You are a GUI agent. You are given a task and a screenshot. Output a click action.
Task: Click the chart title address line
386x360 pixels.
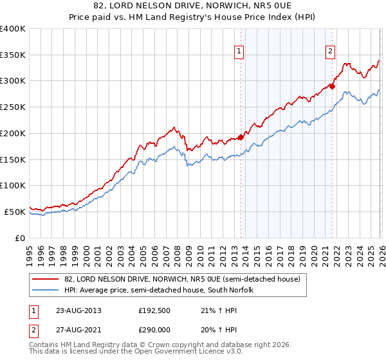(x=192, y=6)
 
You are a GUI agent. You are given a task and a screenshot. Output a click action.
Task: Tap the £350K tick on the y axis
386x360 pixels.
(x=13, y=55)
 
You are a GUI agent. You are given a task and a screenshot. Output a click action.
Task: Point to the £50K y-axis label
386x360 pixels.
(x=15, y=212)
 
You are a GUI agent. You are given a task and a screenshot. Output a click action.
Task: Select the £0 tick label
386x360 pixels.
(x=19, y=238)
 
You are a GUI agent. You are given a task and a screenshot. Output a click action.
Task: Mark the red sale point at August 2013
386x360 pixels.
(x=241, y=136)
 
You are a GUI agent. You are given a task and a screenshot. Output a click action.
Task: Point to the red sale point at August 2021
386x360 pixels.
(x=332, y=85)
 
